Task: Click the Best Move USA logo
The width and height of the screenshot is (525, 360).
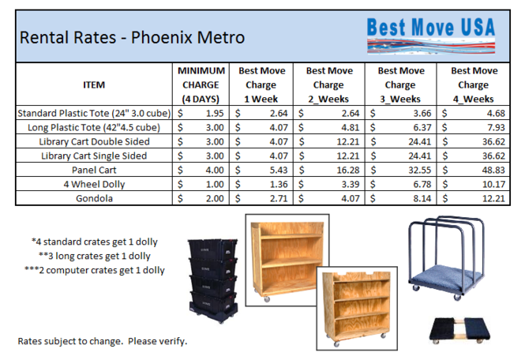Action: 431,36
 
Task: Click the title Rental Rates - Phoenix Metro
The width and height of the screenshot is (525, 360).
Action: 132,37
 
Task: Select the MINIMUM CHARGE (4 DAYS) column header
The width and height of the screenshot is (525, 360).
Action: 201,84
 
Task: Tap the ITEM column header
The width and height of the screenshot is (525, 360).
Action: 94,84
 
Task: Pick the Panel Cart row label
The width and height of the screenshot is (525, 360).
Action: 94,170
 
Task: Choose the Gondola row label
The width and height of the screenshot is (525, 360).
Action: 94,198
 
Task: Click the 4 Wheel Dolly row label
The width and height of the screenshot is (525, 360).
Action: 94,184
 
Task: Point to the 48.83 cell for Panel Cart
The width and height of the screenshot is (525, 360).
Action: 493,170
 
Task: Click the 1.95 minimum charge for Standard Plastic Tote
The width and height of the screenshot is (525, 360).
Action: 215,113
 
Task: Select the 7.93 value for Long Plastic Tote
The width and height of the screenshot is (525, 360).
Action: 496,127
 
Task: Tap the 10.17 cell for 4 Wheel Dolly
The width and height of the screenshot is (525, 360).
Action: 493,184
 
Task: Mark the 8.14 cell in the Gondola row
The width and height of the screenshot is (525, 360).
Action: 422,198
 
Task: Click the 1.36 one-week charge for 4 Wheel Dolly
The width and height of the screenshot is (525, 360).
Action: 279,184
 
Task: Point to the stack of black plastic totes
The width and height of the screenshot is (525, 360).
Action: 213,280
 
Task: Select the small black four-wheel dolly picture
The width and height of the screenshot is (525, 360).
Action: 459,330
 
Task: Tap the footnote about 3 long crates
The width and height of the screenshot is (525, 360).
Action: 95,256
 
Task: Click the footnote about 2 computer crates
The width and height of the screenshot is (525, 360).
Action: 95,270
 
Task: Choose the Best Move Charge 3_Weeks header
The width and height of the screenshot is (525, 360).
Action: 401,84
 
